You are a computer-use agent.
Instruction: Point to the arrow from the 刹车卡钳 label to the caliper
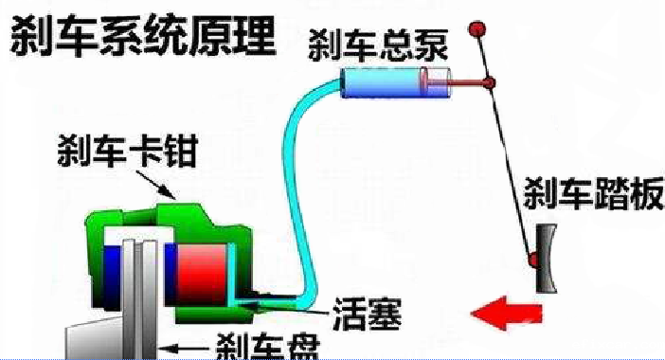click(167, 186)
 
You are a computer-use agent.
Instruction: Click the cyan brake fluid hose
click(295, 189)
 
